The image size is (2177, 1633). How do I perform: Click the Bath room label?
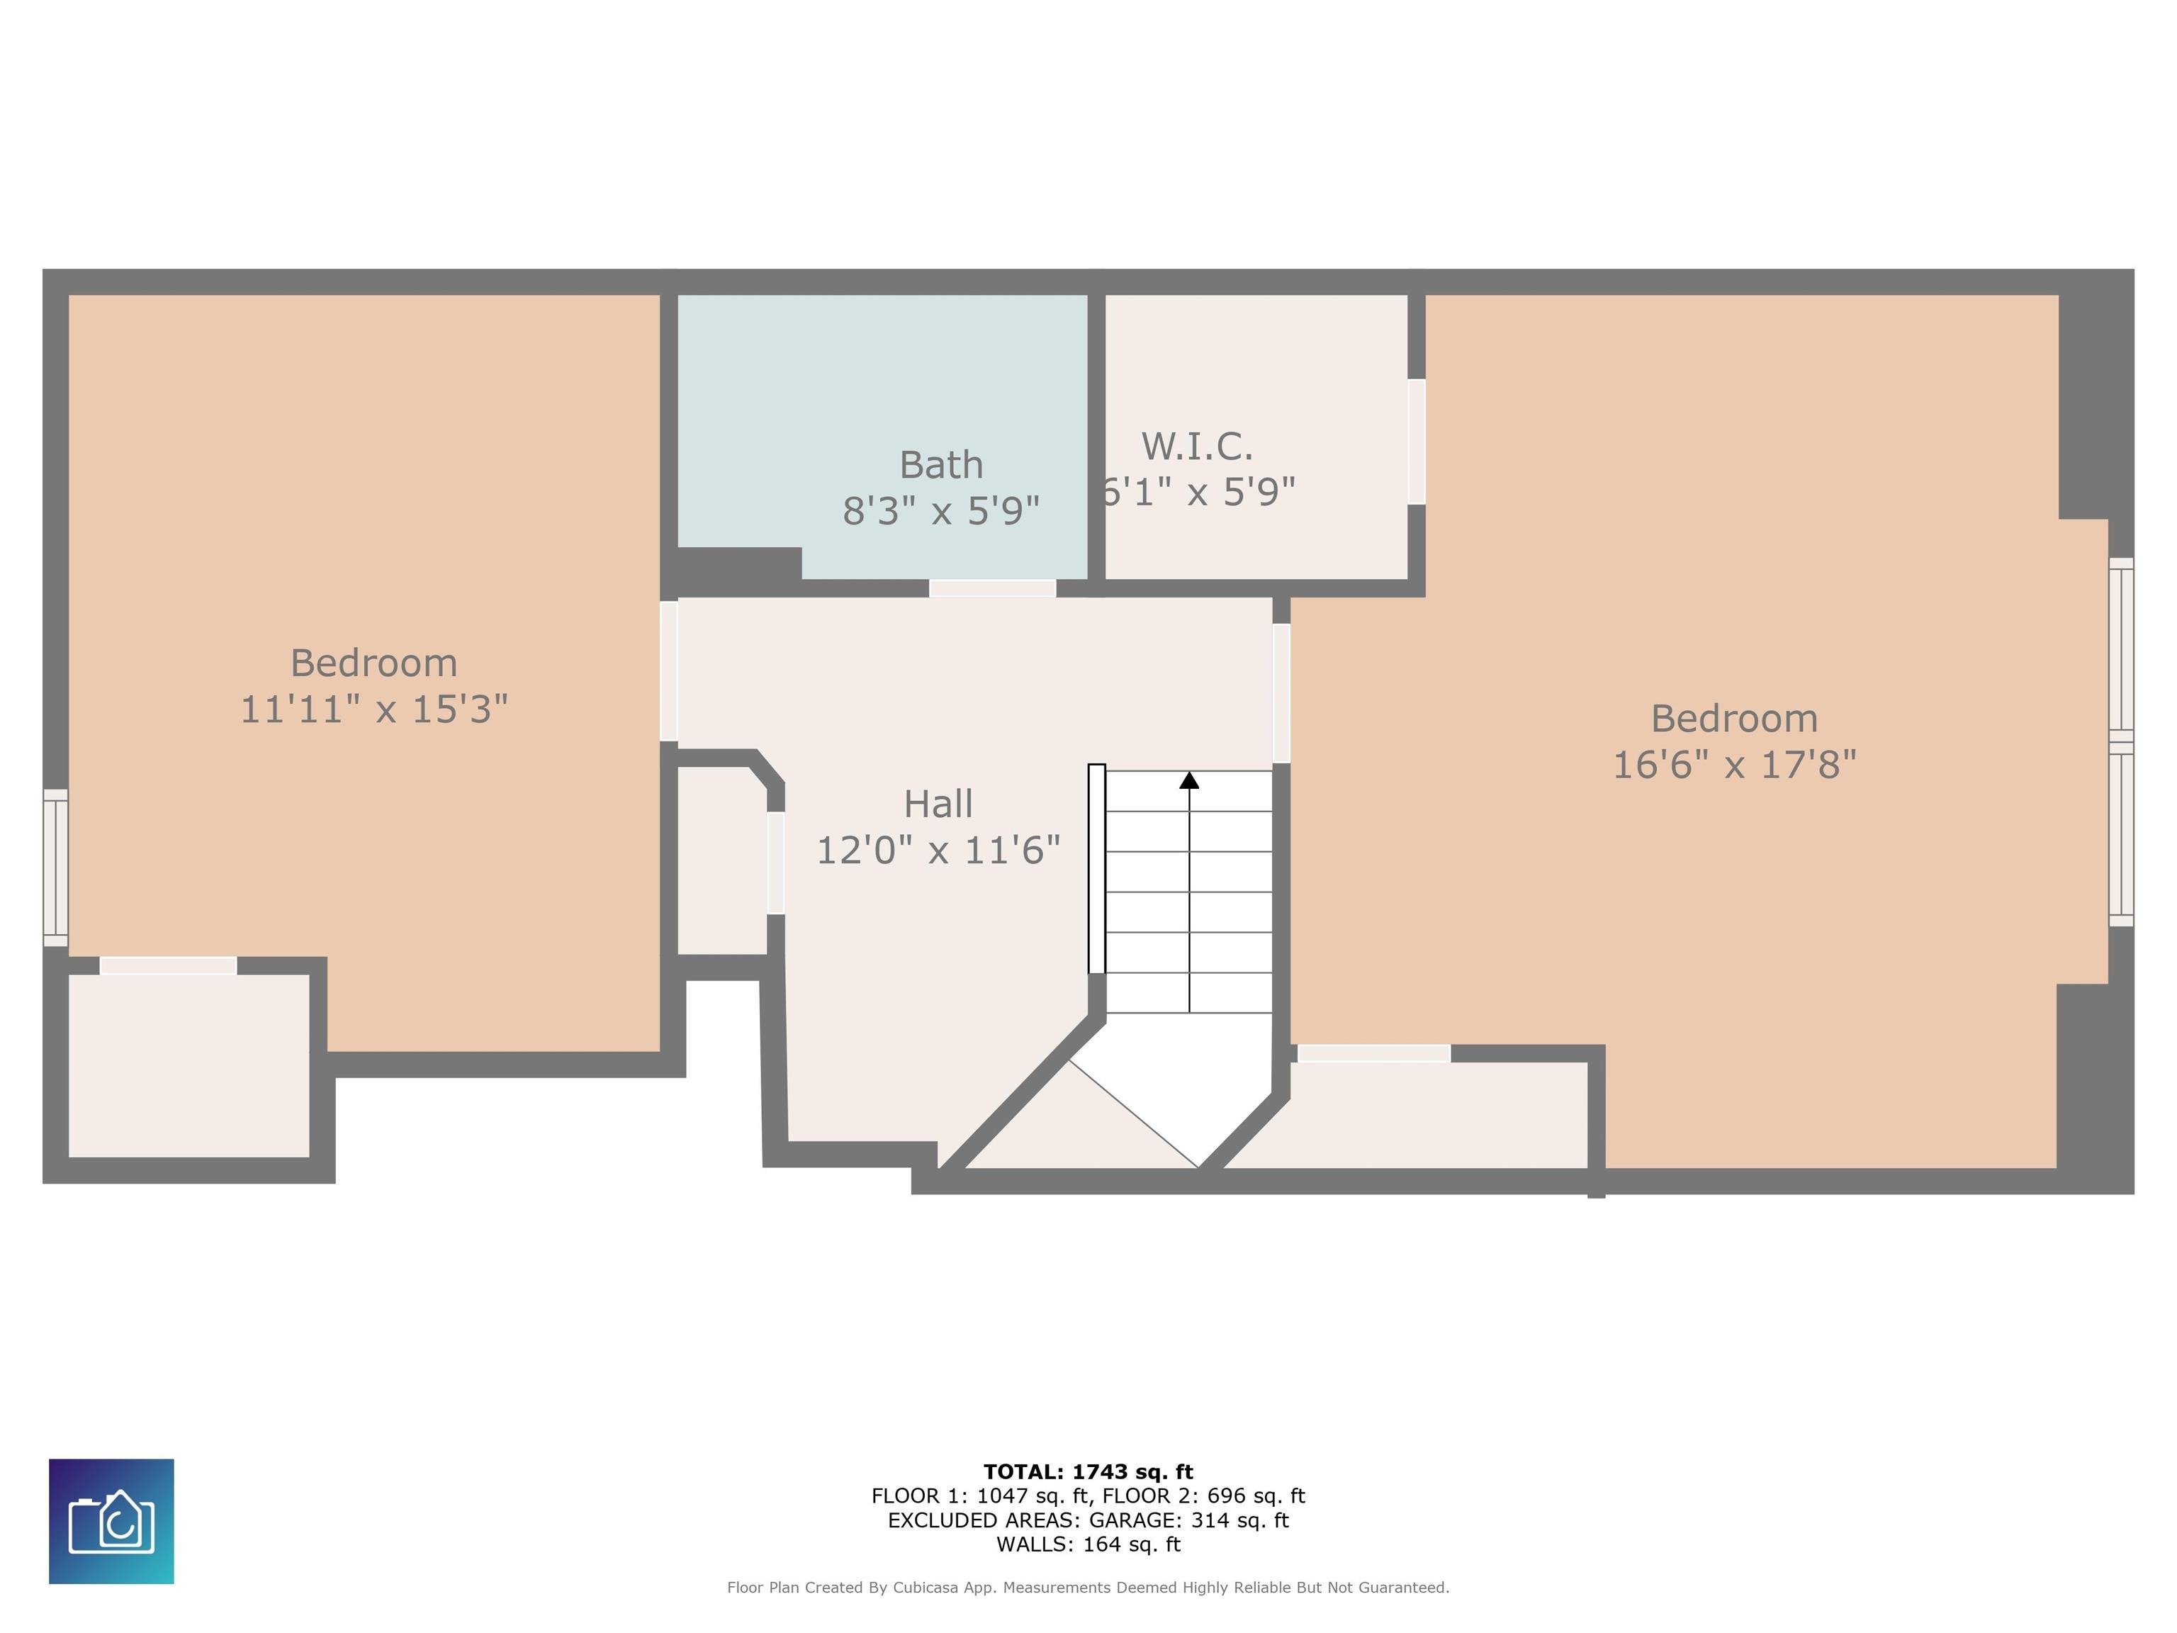coord(941,465)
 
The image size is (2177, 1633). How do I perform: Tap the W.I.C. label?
coord(1197,447)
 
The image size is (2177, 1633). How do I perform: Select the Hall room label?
coord(938,804)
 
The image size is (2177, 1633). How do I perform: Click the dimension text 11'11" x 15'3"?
coord(374,709)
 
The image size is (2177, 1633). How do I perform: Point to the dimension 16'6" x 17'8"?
coord(1734,764)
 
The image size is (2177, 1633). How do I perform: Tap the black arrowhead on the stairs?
coord(1189,780)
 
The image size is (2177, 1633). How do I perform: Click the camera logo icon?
coord(111,1522)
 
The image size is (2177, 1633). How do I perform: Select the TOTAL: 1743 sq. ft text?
coord(1088,1471)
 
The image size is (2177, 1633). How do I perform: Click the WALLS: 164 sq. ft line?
coord(1088,1544)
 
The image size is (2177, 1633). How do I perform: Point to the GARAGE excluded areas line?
coord(1088,1520)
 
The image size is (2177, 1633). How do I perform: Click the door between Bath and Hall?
coord(992,588)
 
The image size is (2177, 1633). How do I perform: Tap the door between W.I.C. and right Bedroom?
coord(1416,442)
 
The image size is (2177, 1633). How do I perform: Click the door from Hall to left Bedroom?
coord(668,670)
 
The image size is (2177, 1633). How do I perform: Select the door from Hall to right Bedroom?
coord(1281,693)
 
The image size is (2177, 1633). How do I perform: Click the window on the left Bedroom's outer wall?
coord(55,868)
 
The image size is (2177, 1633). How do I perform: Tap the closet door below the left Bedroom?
coord(168,965)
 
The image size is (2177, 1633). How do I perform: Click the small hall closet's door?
coord(775,863)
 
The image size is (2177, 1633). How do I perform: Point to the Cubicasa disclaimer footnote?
coord(1088,1587)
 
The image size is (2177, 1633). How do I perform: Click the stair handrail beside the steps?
coord(1096,868)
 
